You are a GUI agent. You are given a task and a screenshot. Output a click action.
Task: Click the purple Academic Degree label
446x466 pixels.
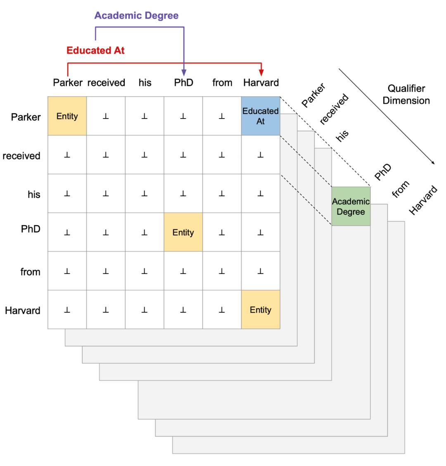[x=136, y=16]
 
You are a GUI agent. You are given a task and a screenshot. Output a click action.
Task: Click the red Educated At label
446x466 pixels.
[x=95, y=50]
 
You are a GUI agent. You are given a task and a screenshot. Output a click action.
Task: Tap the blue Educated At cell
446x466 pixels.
[x=261, y=116]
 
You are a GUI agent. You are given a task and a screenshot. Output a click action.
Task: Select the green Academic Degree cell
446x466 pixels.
[x=351, y=206]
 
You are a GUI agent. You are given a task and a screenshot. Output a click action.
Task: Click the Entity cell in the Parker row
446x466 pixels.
[x=67, y=116]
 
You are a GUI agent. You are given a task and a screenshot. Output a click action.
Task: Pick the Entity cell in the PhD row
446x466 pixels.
[x=183, y=232]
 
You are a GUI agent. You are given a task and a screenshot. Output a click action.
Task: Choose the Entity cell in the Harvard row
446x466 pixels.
[x=261, y=310]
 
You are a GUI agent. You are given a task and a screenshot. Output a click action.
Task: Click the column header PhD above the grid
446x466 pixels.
[x=183, y=83]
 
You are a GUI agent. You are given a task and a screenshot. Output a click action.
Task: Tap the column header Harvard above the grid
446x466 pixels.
[x=261, y=83]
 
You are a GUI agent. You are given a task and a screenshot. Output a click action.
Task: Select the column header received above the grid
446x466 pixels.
[x=106, y=83]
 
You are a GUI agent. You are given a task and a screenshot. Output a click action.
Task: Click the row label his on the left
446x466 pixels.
[x=34, y=194]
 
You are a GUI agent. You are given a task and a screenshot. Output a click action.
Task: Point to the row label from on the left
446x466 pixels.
[x=30, y=272]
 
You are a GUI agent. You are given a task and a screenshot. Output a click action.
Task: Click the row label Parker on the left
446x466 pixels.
[x=26, y=117]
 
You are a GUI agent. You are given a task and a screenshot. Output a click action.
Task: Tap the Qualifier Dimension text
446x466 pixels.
[x=406, y=94]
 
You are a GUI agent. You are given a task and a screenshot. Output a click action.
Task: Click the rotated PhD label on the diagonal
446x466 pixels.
[x=383, y=172]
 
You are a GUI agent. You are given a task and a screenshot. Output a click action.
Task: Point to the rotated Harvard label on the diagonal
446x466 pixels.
[x=423, y=200]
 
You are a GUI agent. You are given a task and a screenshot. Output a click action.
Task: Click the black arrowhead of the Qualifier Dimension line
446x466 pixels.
[x=433, y=163]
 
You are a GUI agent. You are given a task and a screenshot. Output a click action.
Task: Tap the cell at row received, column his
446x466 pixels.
[x=145, y=155]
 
